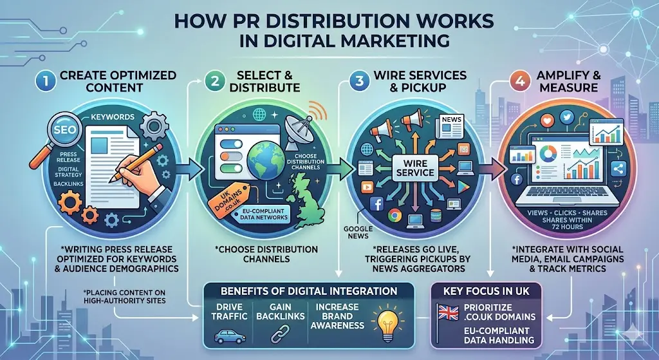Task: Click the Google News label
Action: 356,232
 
